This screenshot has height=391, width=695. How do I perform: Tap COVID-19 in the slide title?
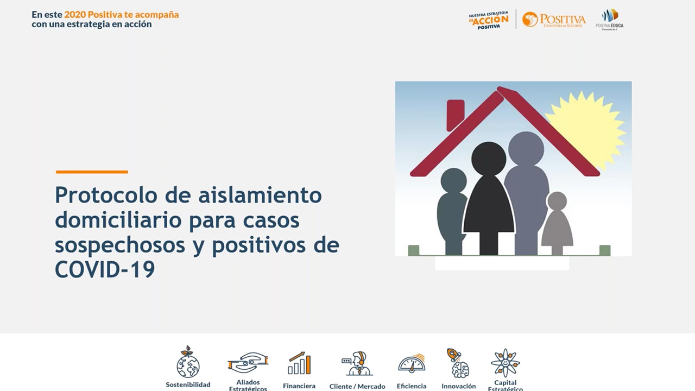pos(105,270)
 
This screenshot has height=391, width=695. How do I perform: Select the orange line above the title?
pos(92,172)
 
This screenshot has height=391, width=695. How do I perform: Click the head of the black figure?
pos(489,159)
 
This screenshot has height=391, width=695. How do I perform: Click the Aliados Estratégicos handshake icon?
pos(248,362)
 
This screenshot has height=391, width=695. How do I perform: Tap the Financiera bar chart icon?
pos(299,363)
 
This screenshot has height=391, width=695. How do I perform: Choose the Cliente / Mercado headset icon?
pos(357,363)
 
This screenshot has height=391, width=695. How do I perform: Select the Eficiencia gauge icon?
pos(412,363)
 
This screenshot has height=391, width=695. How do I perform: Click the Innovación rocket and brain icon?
pos(459,363)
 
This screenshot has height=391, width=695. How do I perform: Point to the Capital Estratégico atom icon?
pos(505,363)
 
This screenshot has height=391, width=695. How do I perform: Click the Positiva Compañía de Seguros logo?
pos(554,20)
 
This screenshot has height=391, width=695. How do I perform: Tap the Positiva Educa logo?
pos(610,19)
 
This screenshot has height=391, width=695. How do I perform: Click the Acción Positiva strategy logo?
pos(489,21)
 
